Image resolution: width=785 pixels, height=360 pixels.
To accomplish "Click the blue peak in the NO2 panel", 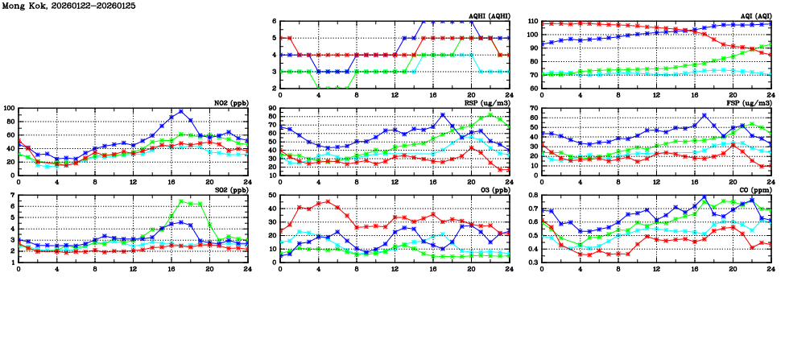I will [x=181, y=112].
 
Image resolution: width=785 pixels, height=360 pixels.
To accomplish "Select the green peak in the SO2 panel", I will [x=181, y=201].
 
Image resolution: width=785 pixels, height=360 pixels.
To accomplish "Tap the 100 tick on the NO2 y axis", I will [x=9, y=108].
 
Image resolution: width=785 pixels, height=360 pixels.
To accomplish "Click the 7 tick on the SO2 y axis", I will [x=12, y=196].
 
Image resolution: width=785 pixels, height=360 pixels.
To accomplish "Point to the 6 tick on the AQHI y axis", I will [x=274, y=21].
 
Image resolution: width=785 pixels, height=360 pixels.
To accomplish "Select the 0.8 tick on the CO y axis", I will [x=531, y=196].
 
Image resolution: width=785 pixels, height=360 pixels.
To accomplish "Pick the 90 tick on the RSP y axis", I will [x=272, y=108].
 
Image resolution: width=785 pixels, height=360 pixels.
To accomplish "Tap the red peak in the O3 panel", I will [x=328, y=201].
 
